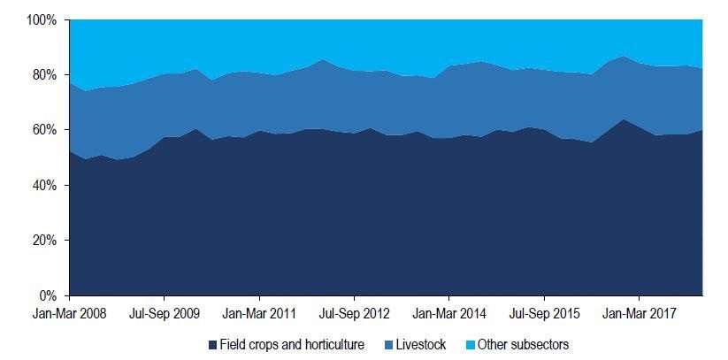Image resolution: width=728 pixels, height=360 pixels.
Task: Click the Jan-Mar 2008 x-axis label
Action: pos(69,312)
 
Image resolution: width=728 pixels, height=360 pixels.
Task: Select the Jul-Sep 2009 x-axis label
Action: pos(164,312)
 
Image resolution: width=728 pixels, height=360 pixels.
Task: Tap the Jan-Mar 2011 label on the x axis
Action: pos(258,312)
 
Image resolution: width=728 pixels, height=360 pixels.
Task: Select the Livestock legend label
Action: pos(420,344)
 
